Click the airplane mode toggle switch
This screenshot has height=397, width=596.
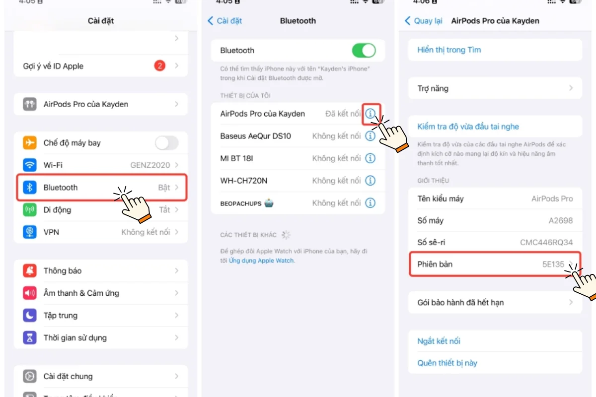[166, 143]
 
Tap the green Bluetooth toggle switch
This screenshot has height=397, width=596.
[364, 50]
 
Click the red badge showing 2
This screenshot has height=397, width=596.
[160, 66]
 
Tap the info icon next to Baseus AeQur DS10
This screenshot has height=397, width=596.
[370, 136]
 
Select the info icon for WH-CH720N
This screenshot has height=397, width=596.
[370, 181]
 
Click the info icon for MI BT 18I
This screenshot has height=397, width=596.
[370, 158]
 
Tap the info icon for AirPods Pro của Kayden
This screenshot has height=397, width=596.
[371, 114]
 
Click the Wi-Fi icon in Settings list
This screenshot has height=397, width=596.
[30, 165]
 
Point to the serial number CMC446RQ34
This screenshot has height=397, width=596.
[546, 242]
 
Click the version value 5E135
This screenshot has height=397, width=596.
[553, 265]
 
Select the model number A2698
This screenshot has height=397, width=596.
[561, 220]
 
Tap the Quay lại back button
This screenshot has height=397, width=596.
[424, 21]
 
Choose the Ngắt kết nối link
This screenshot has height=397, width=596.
[439, 341]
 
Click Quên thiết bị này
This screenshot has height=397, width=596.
[447, 363]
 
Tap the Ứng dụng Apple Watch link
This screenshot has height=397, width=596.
[261, 261]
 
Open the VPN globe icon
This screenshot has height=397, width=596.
[30, 232]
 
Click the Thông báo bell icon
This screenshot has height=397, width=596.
[30, 270]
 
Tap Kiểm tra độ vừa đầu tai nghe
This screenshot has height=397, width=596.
[468, 127]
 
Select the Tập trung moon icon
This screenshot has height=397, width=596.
[30, 315]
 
